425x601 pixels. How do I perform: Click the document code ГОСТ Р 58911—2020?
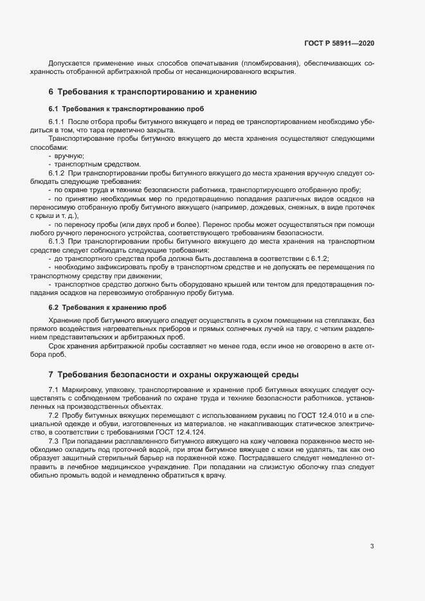(x=339, y=43)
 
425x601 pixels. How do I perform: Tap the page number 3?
(x=372, y=546)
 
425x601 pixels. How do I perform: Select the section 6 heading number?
(x=51, y=93)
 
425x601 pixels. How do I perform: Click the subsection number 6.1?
(x=53, y=108)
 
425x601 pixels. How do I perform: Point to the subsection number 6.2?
(x=53, y=307)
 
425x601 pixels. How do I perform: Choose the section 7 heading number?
(x=51, y=374)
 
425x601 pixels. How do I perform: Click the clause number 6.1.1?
(x=57, y=121)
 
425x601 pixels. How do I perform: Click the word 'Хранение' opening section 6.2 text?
(x=64, y=320)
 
